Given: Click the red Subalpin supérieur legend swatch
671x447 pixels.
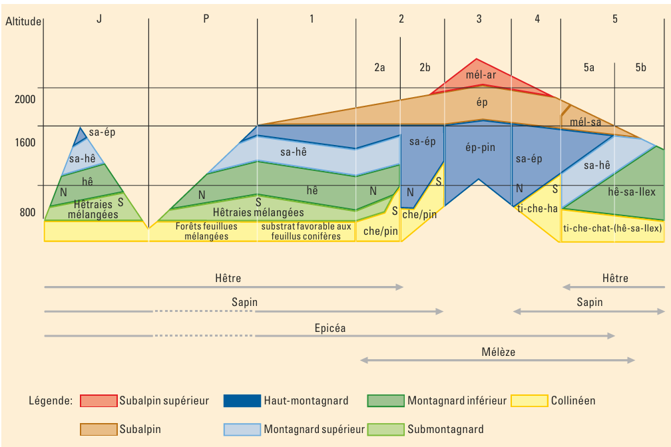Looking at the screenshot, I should click(x=99, y=400).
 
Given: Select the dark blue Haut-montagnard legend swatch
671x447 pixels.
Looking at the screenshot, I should click(x=242, y=400).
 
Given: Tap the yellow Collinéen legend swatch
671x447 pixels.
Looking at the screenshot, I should click(x=529, y=400).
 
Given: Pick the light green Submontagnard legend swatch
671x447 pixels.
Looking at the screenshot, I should click(x=385, y=429).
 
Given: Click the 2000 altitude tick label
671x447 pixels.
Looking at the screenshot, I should click(x=25, y=99).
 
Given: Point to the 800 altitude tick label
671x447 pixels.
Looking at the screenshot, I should click(x=27, y=213).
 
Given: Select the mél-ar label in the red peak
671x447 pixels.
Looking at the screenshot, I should click(x=481, y=74).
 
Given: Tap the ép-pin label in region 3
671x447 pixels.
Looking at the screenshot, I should click(x=480, y=148).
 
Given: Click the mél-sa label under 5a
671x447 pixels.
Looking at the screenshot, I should click(x=586, y=122).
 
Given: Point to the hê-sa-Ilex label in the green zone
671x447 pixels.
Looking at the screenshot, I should click(x=632, y=192).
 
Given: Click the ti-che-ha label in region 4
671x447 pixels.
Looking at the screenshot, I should click(x=537, y=208).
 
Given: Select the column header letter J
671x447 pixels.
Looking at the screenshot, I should click(x=99, y=19).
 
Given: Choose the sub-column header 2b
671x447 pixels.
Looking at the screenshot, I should click(x=425, y=67).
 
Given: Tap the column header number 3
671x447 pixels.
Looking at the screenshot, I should click(x=479, y=19).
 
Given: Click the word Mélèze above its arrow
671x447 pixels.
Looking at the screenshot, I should click(x=499, y=352).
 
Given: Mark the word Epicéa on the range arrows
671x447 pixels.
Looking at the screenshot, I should click(x=330, y=328).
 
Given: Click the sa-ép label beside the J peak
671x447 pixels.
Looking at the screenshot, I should click(x=102, y=132).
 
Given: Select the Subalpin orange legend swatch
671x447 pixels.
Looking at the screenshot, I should click(x=99, y=429).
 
